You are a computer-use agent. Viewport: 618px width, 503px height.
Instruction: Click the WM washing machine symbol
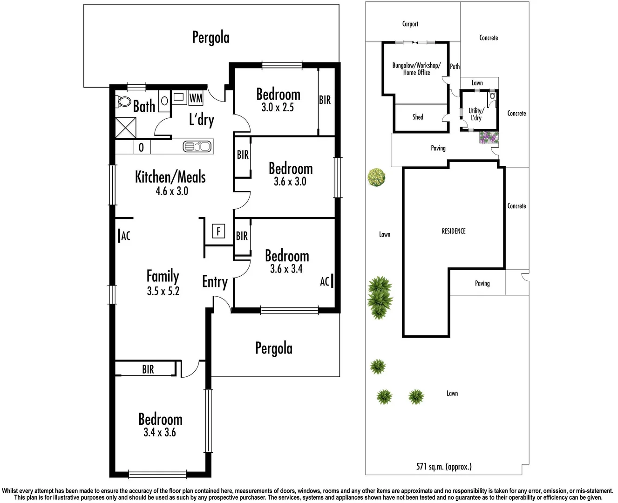click(x=196, y=98)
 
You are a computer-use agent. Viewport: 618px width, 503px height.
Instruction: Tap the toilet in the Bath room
click(x=123, y=101)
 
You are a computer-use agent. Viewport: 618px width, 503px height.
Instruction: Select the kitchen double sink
click(x=197, y=147)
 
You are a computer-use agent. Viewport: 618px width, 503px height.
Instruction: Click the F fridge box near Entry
click(x=218, y=231)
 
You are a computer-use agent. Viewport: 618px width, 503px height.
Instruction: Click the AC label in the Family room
click(x=125, y=236)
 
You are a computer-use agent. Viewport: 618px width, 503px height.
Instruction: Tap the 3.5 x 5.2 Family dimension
click(x=163, y=292)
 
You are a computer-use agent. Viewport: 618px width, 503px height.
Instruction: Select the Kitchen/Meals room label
click(x=170, y=177)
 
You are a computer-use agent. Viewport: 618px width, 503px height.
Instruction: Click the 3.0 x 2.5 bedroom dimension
click(x=278, y=108)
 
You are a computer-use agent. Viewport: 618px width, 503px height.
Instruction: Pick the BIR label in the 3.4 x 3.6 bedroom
click(x=148, y=369)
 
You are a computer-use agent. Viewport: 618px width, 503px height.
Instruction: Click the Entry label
click(x=215, y=282)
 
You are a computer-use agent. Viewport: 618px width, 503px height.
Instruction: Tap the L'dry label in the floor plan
click(x=201, y=120)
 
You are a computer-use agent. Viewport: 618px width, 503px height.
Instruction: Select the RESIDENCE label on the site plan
click(x=454, y=231)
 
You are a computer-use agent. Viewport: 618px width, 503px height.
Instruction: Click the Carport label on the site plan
click(x=410, y=24)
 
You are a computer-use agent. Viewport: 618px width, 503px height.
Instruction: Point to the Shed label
click(x=418, y=117)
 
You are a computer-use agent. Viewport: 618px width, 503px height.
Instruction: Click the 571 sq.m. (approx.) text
click(x=444, y=466)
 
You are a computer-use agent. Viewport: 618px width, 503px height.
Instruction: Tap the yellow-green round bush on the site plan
click(x=376, y=177)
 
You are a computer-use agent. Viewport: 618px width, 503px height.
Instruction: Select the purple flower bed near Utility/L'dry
click(x=489, y=137)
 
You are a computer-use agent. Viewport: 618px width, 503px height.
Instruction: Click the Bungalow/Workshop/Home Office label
click(x=416, y=69)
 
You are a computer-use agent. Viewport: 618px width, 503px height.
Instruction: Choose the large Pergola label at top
click(x=211, y=37)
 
